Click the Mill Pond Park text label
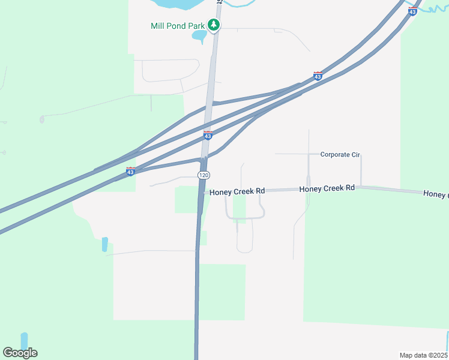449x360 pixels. [x=178, y=26]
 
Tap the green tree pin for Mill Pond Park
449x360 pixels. [x=214, y=25]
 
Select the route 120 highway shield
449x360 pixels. [x=204, y=175]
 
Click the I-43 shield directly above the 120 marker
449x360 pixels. [x=208, y=136]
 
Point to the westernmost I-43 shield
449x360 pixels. [x=130, y=172]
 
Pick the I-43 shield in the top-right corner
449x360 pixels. [x=412, y=11]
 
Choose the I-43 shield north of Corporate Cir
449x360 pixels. [x=318, y=76]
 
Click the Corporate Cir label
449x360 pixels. [x=339, y=154]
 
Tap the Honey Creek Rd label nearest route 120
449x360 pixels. [x=238, y=191]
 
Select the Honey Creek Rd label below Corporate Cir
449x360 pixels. [x=327, y=188]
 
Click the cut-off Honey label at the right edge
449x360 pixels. [x=435, y=194]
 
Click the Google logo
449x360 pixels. [x=20, y=353]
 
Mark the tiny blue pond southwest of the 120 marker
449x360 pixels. [x=105, y=244]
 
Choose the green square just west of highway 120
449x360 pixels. [x=187, y=199]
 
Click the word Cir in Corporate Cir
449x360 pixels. [x=354, y=154]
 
